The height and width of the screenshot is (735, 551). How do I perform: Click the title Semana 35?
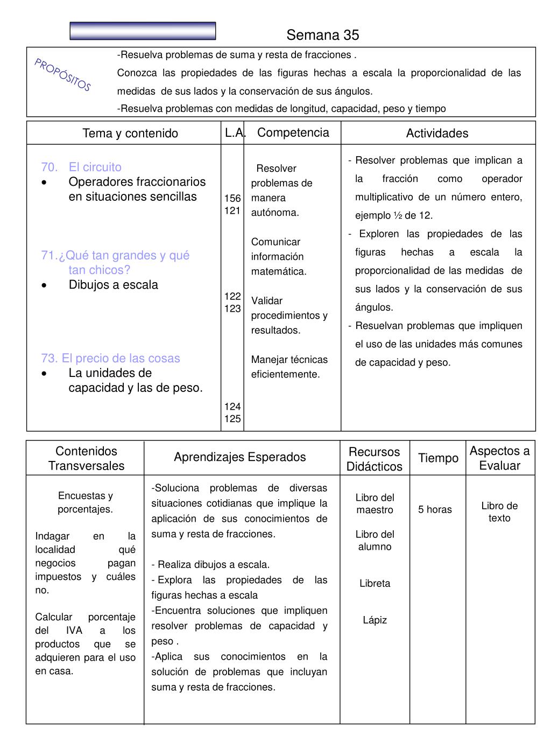(322, 35)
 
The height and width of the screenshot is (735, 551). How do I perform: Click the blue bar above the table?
(143, 31)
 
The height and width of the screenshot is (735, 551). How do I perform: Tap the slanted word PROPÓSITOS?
(63, 75)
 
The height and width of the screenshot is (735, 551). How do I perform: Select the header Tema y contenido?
(130, 134)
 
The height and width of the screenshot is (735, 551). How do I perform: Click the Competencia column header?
(293, 133)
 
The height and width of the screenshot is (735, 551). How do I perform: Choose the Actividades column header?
(437, 134)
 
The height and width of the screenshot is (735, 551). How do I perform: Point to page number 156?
(232, 198)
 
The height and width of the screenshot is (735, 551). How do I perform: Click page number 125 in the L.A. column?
(232, 419)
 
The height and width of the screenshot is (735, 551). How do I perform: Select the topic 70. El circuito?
(81, 167)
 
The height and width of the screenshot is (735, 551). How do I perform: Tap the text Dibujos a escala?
(113, 285)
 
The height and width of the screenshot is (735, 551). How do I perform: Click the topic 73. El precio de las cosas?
(110, 359)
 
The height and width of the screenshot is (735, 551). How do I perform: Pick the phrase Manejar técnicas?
(289, 360)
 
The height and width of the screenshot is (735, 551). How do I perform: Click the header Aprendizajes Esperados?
(239, 457)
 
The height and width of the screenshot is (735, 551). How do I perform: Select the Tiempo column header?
(438, 458)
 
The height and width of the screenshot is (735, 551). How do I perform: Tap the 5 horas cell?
(435, 509)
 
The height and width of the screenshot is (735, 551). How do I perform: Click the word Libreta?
(375, 583)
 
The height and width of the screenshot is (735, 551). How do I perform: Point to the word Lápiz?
(375, 620)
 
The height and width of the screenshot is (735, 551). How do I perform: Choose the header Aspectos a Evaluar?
(499, 458)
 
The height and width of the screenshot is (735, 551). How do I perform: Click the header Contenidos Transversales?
(86, 458)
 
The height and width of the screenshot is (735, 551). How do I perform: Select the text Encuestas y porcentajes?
(86, 502)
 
